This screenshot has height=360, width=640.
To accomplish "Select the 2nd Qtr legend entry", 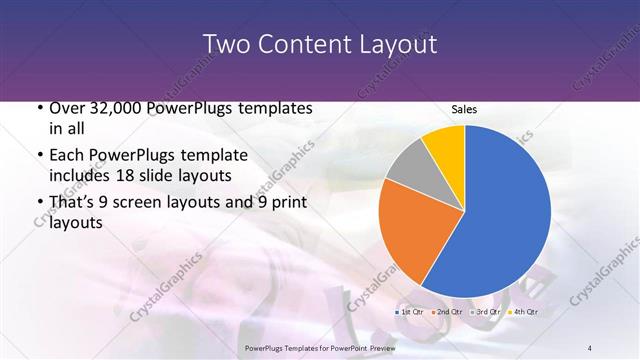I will click(448, 313).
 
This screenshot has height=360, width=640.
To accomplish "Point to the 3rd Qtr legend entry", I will click(485, 313).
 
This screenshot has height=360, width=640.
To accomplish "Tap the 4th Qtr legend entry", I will click(522, 313).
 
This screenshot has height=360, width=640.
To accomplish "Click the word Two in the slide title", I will click(226, 44).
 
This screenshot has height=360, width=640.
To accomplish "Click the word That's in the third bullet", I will click(74, 203).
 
